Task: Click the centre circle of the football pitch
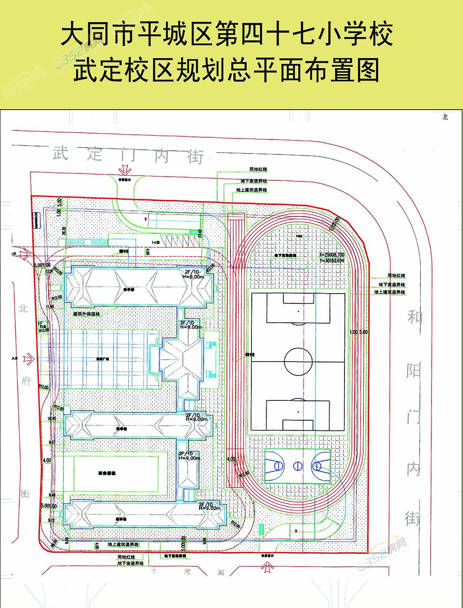click(298, 361)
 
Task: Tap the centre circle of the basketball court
click(298, 466)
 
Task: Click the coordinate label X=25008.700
click(332, 255)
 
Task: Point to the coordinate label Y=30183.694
click(332, 261)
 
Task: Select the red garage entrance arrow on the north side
click(125, 169)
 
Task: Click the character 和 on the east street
click(414, 318)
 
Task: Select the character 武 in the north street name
click(60, 153)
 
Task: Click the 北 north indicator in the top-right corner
click(445, 117)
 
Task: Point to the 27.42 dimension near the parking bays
click(200, 234)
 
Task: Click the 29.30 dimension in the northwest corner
click(64, 231)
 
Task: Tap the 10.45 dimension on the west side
click(51, 418)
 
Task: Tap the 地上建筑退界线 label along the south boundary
click(123, 545)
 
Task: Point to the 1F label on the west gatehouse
click(41, 324)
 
